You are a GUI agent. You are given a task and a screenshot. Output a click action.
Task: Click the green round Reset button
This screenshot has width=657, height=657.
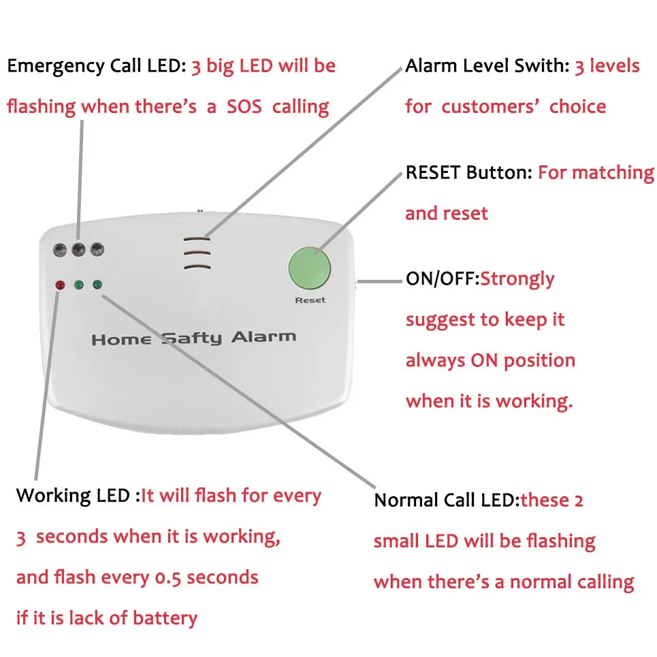point(310,267)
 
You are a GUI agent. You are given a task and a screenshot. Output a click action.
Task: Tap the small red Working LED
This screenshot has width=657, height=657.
point(60,285)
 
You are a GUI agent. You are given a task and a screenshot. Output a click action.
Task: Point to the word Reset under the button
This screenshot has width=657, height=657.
point(310,300)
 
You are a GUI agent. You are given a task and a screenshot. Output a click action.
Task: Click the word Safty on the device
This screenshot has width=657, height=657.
point(192,338)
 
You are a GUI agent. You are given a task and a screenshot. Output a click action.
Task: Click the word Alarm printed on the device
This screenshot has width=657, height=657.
point(263,336)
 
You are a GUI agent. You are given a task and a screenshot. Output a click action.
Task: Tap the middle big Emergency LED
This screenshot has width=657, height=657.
point(79,249)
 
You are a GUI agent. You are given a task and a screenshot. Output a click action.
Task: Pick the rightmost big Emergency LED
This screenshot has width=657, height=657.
point(97,249)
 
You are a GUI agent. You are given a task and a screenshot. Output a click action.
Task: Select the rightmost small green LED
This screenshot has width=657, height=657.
point(97,284)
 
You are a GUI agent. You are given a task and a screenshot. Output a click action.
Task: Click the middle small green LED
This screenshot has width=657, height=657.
point(79,285)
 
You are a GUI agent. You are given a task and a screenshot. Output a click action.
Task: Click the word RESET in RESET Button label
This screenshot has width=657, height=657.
point(433,172)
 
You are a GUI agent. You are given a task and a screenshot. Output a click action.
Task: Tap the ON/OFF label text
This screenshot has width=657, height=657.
point(443,278)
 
